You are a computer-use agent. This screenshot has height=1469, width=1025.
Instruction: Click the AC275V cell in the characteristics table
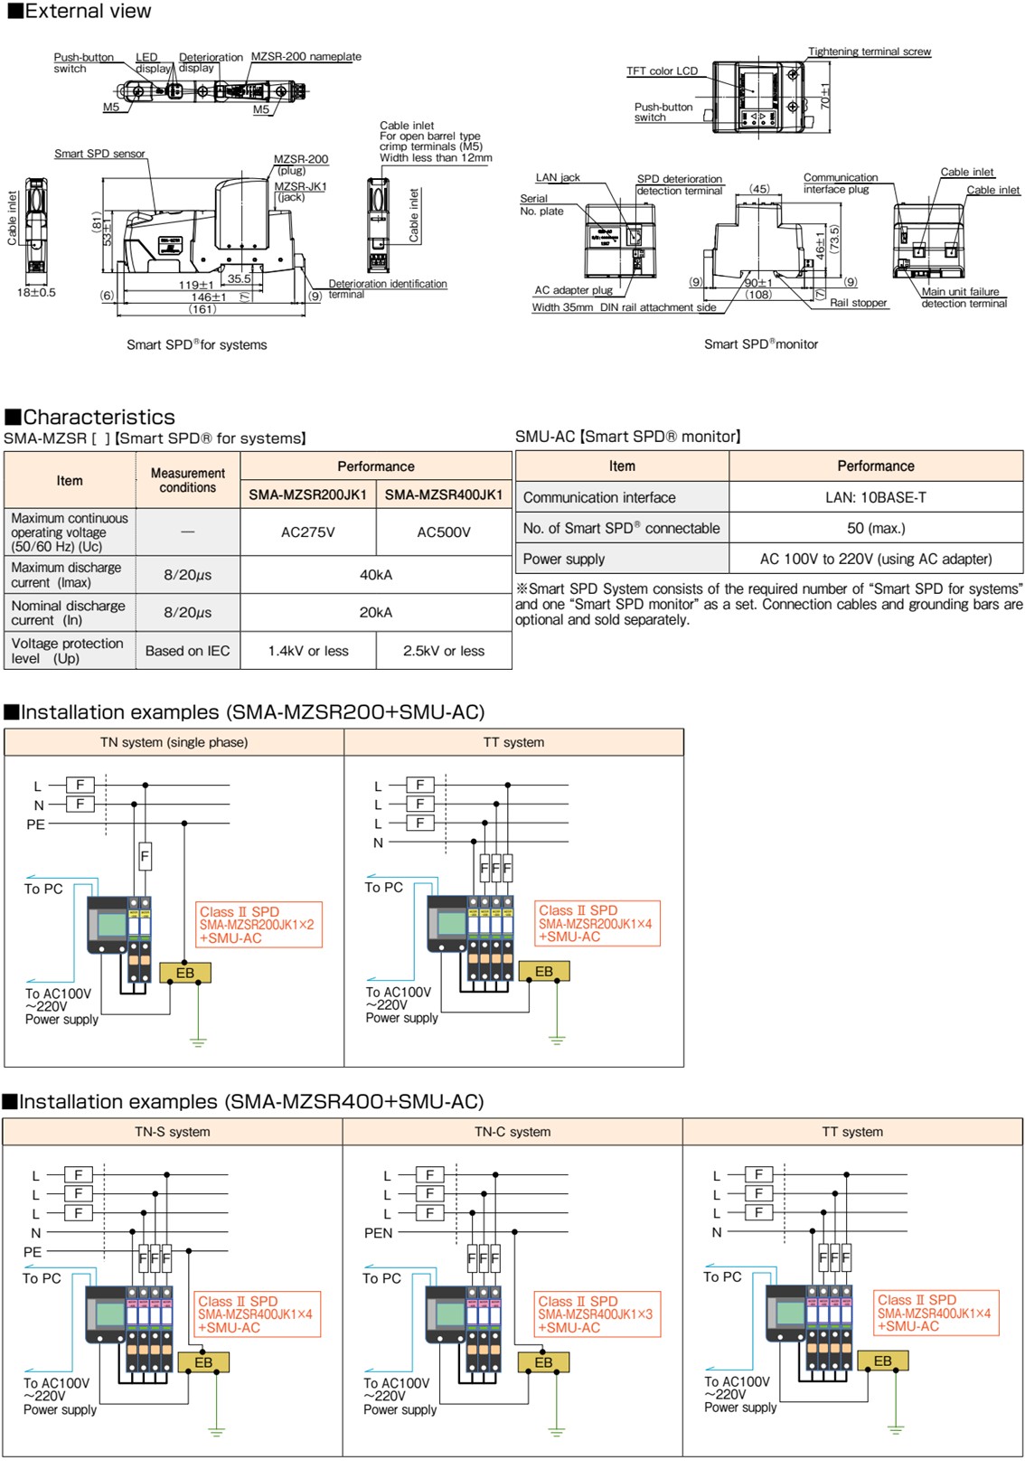[307, 532]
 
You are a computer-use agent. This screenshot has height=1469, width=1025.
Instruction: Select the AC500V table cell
[443, 532]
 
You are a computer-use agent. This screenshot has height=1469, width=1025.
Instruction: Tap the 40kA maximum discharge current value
[375, 575]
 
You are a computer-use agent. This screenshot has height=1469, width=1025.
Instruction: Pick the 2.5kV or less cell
[443, 651]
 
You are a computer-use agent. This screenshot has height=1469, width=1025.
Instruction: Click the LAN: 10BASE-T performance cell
[875, 497]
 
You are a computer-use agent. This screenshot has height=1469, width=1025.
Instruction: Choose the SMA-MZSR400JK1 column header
[443, 494]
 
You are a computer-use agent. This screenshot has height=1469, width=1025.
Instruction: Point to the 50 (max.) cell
[875, 528]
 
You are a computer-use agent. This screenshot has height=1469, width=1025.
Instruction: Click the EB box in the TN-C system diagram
[543, 1362]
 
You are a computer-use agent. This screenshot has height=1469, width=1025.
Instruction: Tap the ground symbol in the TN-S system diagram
[216, 1430]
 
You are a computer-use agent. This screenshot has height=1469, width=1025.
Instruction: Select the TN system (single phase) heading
[174, 742]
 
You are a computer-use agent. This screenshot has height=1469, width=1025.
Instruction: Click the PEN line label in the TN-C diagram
[378, 1233]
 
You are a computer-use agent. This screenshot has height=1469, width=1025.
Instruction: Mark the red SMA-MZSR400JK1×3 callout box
[597, 1314]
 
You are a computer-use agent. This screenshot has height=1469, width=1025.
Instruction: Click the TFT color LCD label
[662, 71]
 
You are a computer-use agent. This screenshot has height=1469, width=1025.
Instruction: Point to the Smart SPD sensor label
[99, 154]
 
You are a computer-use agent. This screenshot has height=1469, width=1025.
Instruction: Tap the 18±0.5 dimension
[36, 292]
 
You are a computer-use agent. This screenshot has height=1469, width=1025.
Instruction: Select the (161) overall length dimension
[202, 309]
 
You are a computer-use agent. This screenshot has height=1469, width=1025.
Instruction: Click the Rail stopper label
[858, 303]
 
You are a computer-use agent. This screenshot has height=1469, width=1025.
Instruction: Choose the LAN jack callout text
[558, 177]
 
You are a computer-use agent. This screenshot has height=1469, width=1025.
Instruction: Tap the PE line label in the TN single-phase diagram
[35, 824]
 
